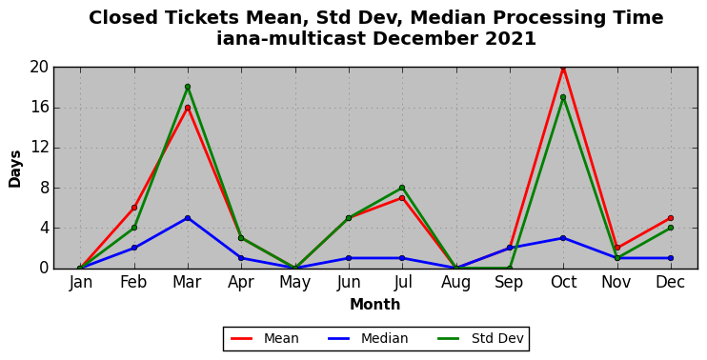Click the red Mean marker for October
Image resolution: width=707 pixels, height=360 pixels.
pos(563,68)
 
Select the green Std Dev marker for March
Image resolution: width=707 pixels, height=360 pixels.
pos(188,87)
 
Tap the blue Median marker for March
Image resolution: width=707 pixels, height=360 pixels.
pos(188,218)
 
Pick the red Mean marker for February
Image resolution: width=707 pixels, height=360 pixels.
pos(134,208)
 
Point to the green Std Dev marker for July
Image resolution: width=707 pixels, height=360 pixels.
pos(402,188)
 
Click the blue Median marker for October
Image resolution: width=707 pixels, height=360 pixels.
pos(563,238)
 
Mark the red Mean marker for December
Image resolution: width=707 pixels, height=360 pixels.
pos(671,218)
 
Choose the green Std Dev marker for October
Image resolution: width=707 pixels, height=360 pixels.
pos(563,97)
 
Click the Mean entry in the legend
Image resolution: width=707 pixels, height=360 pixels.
pos(264,338)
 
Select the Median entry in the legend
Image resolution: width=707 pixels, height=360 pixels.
pos(368,338)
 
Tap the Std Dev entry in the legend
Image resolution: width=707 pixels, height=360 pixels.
pos(480,338)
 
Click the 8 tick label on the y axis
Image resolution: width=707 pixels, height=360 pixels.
pos(44,188)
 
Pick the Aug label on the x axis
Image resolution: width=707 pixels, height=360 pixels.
pos(455,283)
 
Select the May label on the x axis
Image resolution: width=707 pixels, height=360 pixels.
pos(294,283)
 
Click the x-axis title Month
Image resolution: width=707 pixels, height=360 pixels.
pos(375,305)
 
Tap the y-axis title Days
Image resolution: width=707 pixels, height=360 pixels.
pos(15,169)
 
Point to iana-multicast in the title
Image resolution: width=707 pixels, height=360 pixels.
pos(291,39)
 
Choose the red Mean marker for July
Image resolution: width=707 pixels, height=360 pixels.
pos(402,198)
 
